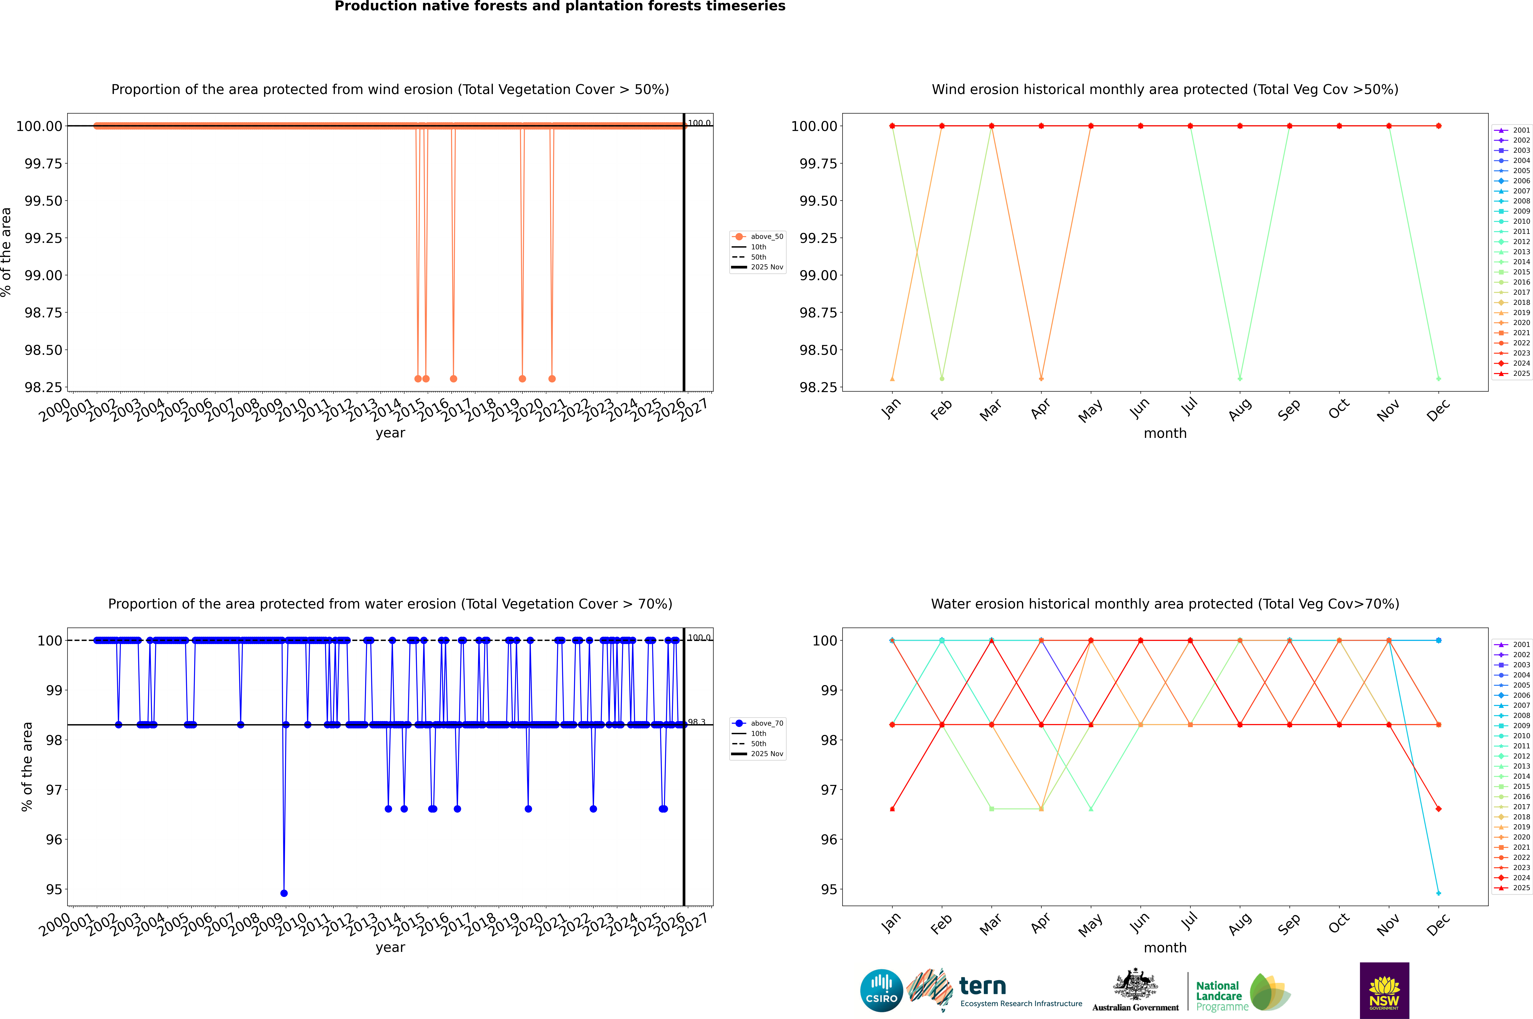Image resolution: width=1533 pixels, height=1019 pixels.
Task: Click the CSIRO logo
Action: tap(881, 990)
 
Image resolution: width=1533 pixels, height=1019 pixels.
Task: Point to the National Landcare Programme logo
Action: tap(1243, 992)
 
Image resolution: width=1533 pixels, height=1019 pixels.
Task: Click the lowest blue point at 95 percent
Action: tap(284, 893)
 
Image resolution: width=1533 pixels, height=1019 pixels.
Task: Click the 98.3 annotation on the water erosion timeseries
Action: tap(697, 722)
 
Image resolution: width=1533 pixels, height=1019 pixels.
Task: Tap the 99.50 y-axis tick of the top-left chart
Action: tap(44, 201)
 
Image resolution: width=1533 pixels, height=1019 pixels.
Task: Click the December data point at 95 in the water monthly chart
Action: tap(1438, 893)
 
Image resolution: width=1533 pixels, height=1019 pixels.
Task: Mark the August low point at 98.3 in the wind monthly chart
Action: tap(1240, 378)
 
